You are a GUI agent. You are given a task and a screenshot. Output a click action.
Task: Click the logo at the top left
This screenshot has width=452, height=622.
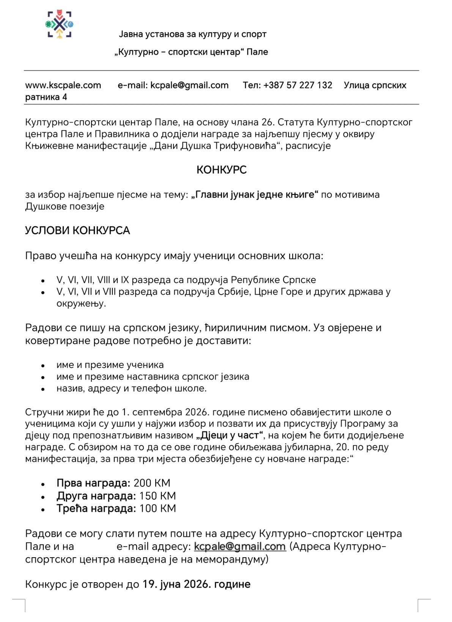60,25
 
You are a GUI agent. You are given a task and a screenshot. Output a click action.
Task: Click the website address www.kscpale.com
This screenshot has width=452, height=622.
63,85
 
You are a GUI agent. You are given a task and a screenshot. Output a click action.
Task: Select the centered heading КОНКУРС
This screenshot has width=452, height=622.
222,170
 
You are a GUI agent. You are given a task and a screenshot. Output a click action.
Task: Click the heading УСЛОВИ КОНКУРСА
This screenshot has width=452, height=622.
77,230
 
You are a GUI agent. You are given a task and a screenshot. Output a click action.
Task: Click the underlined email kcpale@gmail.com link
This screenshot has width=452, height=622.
239,547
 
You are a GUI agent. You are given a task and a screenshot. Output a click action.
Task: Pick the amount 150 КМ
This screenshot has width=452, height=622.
157,496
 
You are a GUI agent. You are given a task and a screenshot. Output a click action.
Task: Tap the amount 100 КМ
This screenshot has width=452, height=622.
157,508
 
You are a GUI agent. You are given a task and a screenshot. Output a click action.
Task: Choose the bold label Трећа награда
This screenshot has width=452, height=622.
96,508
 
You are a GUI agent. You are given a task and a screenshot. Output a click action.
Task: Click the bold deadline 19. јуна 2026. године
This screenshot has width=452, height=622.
196,584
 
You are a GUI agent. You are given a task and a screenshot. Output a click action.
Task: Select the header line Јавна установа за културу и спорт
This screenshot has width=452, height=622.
193,34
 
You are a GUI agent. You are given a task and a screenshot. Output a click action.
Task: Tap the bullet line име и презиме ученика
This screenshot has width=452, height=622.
110,365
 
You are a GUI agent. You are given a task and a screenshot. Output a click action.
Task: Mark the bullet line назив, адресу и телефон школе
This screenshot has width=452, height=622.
131,389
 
